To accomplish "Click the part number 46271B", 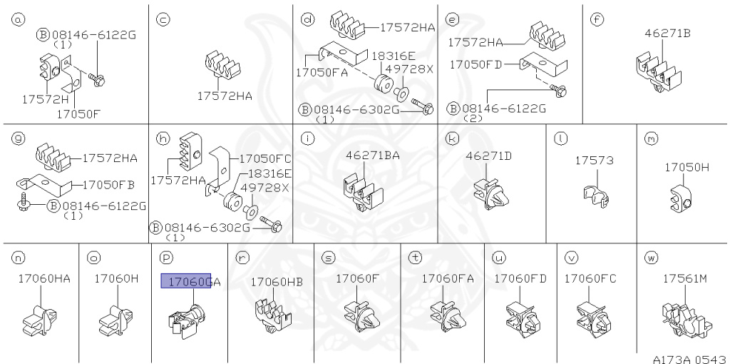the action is pyautogui.click(x=667, y=34).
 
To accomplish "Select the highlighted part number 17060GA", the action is pyautogui.click(x=194, y=281).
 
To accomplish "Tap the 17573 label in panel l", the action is pyautogui.click(x=594, y=161).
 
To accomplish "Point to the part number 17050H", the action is pyautogui.click(x=687, y=167).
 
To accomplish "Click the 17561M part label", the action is pyautogui.click(x=685, y=278).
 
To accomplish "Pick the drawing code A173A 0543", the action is pyautogui.click(x=690, y=359).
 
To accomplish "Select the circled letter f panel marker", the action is pyautogui.click(x=596, y=19).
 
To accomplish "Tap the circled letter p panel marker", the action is pyautogui.click(x=165, y=257).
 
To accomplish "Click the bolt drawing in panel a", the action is pyautogui.click(x=96, y=79).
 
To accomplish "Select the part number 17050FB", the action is pyautogui.click(x=108, y=185).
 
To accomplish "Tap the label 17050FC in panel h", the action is pyautogui.click(x=265, y=158).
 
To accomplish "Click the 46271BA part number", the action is pyautogui.click(x=372, y=156).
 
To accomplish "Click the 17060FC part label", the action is pyautogui.click(x=590, y=278).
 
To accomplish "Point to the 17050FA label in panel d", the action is pyautogui.click(x=322, y=73).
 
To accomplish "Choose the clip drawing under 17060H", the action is pyautogui.click(x=116, y=320).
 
